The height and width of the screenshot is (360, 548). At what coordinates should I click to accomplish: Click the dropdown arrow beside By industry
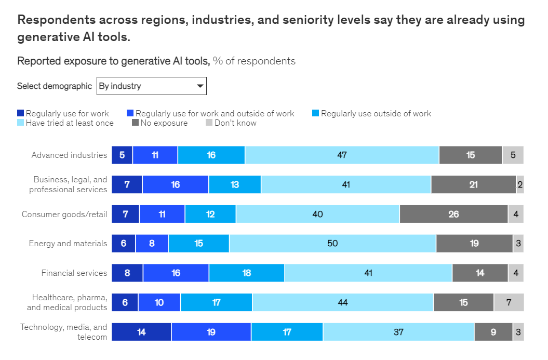coord(200,86)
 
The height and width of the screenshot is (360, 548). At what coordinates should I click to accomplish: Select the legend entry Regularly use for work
coord(67,114)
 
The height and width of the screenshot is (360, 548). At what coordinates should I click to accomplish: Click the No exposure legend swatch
coord(136,123)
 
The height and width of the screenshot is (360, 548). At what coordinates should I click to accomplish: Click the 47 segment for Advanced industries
coord(342,155)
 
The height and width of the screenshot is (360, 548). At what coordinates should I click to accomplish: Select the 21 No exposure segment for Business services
coord(473,184)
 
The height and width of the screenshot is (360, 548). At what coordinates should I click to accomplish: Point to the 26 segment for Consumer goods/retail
coord(453,214)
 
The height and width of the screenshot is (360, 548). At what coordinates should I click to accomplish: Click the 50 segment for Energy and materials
coord(332,243)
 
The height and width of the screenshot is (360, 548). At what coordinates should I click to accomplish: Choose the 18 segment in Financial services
coord(247,273)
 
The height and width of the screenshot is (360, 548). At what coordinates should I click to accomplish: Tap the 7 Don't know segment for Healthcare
coord(509,302)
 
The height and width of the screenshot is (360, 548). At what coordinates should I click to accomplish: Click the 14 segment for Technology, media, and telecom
coord(141,332)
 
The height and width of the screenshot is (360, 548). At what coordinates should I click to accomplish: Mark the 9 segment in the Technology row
coord(493,332)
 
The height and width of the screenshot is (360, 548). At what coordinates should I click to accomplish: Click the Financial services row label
coord(74,273)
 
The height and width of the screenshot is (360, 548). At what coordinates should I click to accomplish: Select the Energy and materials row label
coord(68,243)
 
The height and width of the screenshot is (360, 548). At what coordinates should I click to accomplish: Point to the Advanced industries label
coord(69,155)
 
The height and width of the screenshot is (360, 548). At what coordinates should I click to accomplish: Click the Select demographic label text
coord(55,86)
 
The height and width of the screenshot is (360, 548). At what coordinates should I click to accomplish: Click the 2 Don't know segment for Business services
coord(520,184)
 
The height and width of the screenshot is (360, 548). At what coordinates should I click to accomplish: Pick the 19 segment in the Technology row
coord(211,332)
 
